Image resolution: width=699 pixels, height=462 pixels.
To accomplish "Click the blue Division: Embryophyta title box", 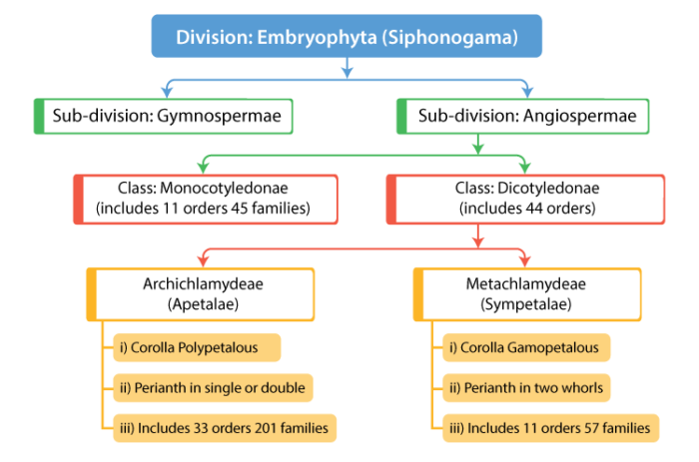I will (347, 37).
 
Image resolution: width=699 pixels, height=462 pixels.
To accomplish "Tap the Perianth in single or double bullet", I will (213, 387).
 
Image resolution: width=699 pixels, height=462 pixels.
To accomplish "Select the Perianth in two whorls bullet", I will (526, 387).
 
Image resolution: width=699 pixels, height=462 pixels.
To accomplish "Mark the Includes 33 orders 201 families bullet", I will (223, 428).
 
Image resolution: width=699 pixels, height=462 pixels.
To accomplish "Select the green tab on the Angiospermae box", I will (401, 116).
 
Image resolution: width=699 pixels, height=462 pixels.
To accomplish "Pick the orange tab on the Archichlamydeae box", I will (92, 293).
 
